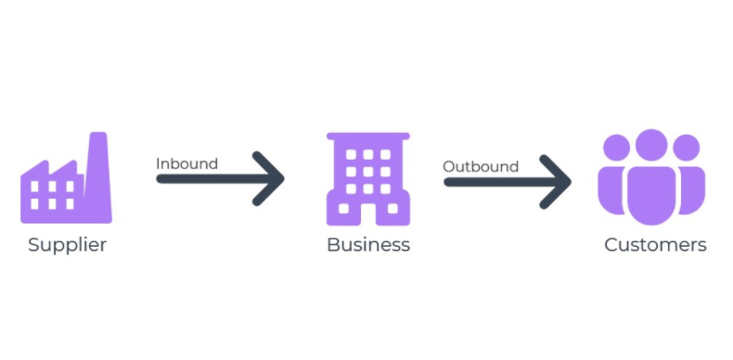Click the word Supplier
[x=67, y=246]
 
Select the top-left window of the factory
[x=35, y=186]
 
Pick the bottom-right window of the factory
[x=69, y=203]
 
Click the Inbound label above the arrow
[x=186, y=164]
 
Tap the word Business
[x=367, y=246]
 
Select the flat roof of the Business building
[x=367, y=136]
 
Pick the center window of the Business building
[x=367, y=172]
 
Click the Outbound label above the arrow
[x=480, y=167]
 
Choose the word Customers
[x=655, y=246]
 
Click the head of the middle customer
[x=651, y=145]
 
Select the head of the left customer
[x=616, y=148]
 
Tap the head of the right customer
[x=687, y=148]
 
